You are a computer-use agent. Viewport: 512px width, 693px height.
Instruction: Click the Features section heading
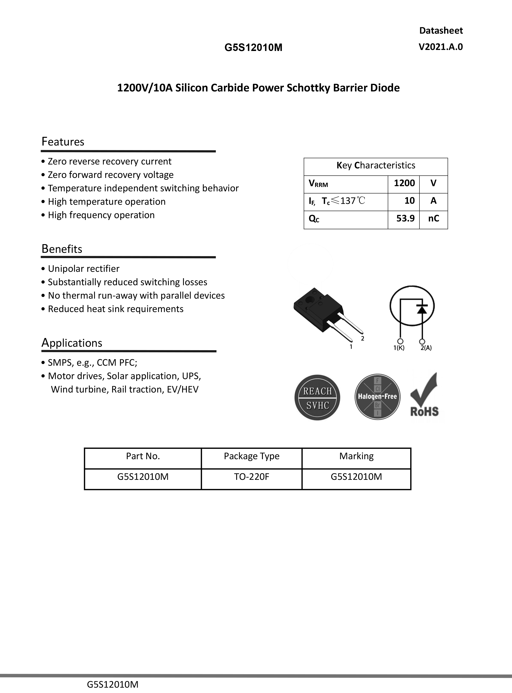[x=63, y=142]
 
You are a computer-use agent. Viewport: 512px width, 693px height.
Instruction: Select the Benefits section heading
[x=62, y=249]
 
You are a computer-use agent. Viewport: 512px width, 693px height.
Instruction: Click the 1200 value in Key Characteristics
[x=404, y=183]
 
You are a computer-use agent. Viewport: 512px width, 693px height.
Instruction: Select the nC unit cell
[x=433, y=218]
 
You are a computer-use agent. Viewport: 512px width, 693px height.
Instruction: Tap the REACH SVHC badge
[x=317, y=397]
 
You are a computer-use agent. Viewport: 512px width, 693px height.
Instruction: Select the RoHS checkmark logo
[x=424, y=395]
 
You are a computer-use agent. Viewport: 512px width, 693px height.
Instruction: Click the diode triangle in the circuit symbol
[x=422, y=309]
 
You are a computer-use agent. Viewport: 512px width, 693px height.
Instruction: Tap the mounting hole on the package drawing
[x=309, y=300]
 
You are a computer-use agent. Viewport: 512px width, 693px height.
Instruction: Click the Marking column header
[x=356, y=456]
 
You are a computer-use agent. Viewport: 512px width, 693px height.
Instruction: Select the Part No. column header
[x=143, y=456]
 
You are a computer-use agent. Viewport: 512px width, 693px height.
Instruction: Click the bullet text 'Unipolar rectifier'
[x=83, y=268]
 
